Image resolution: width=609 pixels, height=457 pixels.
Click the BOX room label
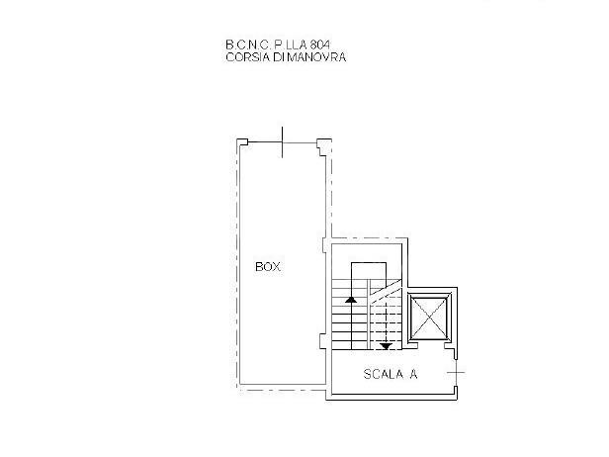tap(267, 267)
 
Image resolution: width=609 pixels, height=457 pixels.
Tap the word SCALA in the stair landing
tap(377, 374)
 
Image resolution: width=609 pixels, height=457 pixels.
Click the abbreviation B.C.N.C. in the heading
tap(246, 45)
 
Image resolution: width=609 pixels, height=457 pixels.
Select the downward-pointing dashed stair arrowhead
tap(386, 345)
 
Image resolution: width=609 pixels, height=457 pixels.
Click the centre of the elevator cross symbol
tap(428, 318)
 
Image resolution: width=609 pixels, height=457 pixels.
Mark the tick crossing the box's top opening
tap(283, 142)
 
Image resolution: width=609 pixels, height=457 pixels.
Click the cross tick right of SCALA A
tap(454, 372)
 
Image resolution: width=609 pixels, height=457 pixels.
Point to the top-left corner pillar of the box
tap(240, 144)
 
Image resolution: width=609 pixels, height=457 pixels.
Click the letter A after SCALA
tap(413, 374)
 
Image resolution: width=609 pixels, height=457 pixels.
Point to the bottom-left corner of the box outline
tap(237, 389)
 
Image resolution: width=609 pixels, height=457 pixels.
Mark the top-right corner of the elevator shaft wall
tap(459, 289)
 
